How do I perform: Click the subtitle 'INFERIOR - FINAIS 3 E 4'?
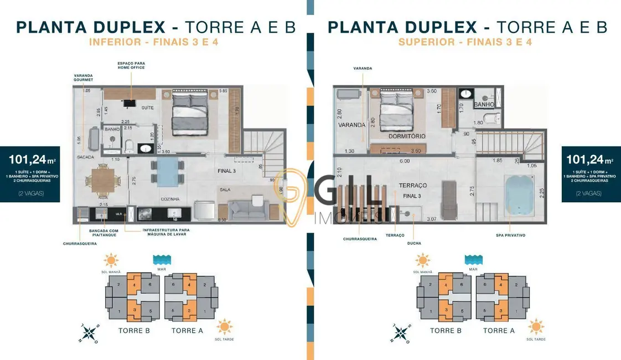click(x=155, y=42)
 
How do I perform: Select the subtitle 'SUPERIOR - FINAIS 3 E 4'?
click(x=465, y=42)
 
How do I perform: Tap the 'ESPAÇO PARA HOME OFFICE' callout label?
click(x=131, y=65)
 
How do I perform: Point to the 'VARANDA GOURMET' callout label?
click(x=84, y=78)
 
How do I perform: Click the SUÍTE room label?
click(x=148, y=107)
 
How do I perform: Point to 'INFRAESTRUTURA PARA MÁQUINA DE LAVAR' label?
click(x=166, y=232)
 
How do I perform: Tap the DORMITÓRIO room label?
click(x=406, y=136)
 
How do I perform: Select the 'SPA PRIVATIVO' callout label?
click(x=510, y=235)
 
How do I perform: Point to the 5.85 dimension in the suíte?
click(x=223, y=91)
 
